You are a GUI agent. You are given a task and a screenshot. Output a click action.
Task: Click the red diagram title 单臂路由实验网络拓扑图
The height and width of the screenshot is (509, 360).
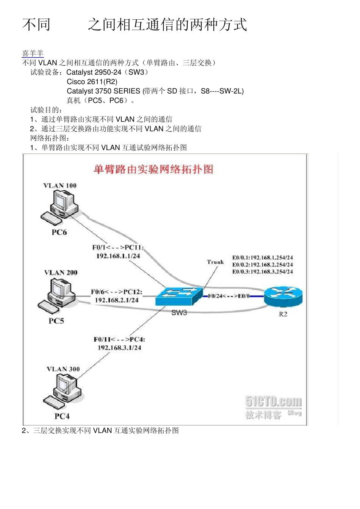pyautogui.click(x=153, y=169)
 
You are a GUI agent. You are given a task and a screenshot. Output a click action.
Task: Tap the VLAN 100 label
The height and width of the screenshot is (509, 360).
pyautogui.click(x=60, y=186)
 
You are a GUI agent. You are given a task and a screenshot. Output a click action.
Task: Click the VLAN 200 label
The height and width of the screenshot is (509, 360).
pyautogui.click(x=61, y=273)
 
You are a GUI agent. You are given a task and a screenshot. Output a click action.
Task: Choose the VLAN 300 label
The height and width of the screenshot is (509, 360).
pyautogui.click(x=63, y=369)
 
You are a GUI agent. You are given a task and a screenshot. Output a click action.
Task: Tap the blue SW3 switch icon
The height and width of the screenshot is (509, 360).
pyautogui.click(x=179, y=296)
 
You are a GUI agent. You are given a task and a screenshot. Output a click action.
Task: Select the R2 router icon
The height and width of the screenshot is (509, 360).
pyautogui.click(x=283, y=296)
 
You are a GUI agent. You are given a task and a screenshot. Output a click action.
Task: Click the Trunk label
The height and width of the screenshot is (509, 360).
pyautogui.click(x=215, y=262)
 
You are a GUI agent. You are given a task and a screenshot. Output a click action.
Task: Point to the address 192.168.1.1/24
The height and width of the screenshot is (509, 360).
pyautogui.click(x=118, y=256)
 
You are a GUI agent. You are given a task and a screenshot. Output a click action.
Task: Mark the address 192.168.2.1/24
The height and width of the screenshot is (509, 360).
pyautogui.click(x=117, y=300)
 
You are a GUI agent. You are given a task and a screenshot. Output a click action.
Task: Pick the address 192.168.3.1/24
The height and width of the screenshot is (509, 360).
pyautogui.click(x=119, y=348)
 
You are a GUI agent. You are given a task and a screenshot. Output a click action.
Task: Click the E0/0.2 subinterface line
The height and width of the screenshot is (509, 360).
pyautogui.click(x=262, y=265)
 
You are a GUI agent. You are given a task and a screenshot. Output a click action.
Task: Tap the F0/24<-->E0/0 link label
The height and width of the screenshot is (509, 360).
pyautogui.click(x=229, y=296)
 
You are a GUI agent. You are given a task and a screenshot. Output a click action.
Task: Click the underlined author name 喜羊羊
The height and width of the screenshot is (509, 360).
pyautogui.click(x=33, y=53)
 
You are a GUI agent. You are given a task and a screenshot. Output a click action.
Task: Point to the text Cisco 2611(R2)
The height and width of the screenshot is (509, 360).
pyautogui.click(x=92, y=82)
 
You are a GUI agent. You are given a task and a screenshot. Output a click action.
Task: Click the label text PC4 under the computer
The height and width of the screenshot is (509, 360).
pyautogui.click(x=62, y=416)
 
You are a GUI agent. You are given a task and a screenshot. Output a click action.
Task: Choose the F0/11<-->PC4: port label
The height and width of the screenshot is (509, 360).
pyautogui.click(x=119, y=339)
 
